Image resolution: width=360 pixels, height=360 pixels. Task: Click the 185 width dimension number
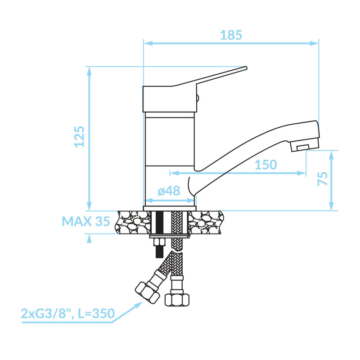231,35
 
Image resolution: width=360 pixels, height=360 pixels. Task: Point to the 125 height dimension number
80,137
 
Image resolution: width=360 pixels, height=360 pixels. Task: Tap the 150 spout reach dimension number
266,165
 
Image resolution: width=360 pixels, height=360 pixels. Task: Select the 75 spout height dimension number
323,179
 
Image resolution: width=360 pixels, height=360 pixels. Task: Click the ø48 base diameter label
169,191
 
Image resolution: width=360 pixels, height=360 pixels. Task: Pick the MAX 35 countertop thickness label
86,221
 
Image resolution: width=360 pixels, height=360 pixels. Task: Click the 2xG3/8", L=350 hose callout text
68,313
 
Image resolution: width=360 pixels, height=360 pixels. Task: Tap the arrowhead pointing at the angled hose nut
139,305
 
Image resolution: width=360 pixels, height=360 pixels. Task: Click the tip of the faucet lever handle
246,68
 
